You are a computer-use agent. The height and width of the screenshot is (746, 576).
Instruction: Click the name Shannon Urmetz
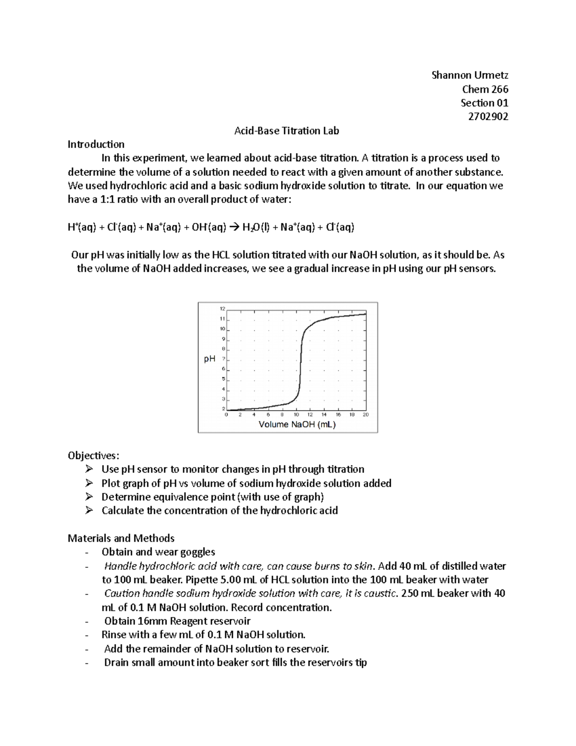tap(469, 75)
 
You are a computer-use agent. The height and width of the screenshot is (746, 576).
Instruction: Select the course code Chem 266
tap(485, 89)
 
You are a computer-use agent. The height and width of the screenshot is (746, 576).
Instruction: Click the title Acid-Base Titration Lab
tap(287, 130)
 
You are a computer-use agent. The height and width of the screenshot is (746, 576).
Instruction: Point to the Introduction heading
tap(96, 144)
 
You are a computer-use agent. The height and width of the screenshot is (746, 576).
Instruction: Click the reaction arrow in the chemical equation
tap(234, 228)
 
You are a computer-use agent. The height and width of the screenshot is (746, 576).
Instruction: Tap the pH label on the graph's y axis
tap(209, 359)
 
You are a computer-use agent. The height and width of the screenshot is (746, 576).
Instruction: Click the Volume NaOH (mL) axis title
tap(297, 424)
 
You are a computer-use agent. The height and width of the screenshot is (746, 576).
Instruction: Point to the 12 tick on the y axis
tap(222, 308)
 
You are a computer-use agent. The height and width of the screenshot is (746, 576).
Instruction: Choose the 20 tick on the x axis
tap(366, 415)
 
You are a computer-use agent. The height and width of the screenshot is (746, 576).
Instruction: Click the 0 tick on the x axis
tap(227, 415)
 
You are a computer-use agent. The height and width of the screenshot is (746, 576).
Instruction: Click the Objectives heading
tap(94, 455)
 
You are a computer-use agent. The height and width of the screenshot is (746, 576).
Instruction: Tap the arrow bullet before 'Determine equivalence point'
tap(88, 497)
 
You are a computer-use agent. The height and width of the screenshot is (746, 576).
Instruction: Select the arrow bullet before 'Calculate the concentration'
tap(88, 511)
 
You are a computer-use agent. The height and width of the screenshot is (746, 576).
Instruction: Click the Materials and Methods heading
tap(121, 538)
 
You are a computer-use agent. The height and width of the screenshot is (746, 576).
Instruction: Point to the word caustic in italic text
tap(382, 593)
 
